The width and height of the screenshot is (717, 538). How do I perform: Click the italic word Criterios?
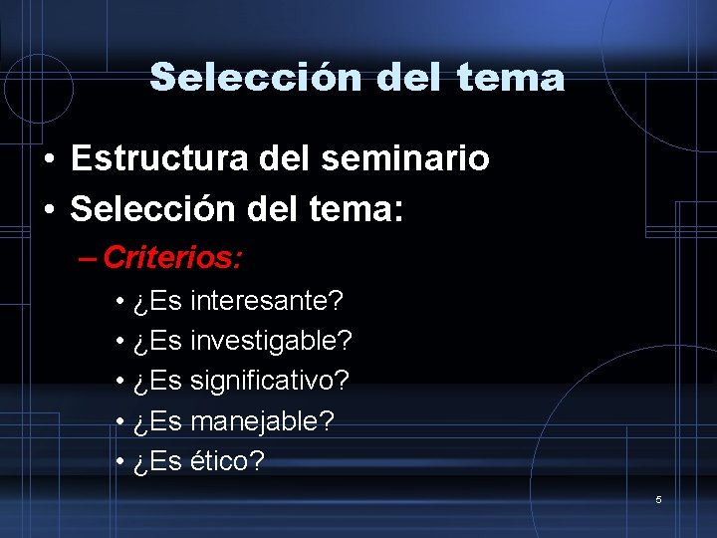(x=172, y=259)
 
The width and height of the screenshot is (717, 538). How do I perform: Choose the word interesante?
(x=266, y=300)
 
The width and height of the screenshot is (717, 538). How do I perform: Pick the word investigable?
(x=271, y=341)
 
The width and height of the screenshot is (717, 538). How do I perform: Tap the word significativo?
(x=269, y=381)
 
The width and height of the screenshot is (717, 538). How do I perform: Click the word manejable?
(x=262, y=421)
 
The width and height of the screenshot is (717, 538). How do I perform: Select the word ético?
(x=227, y=461)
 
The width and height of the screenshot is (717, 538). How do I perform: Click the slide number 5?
(x=658, y=499)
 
